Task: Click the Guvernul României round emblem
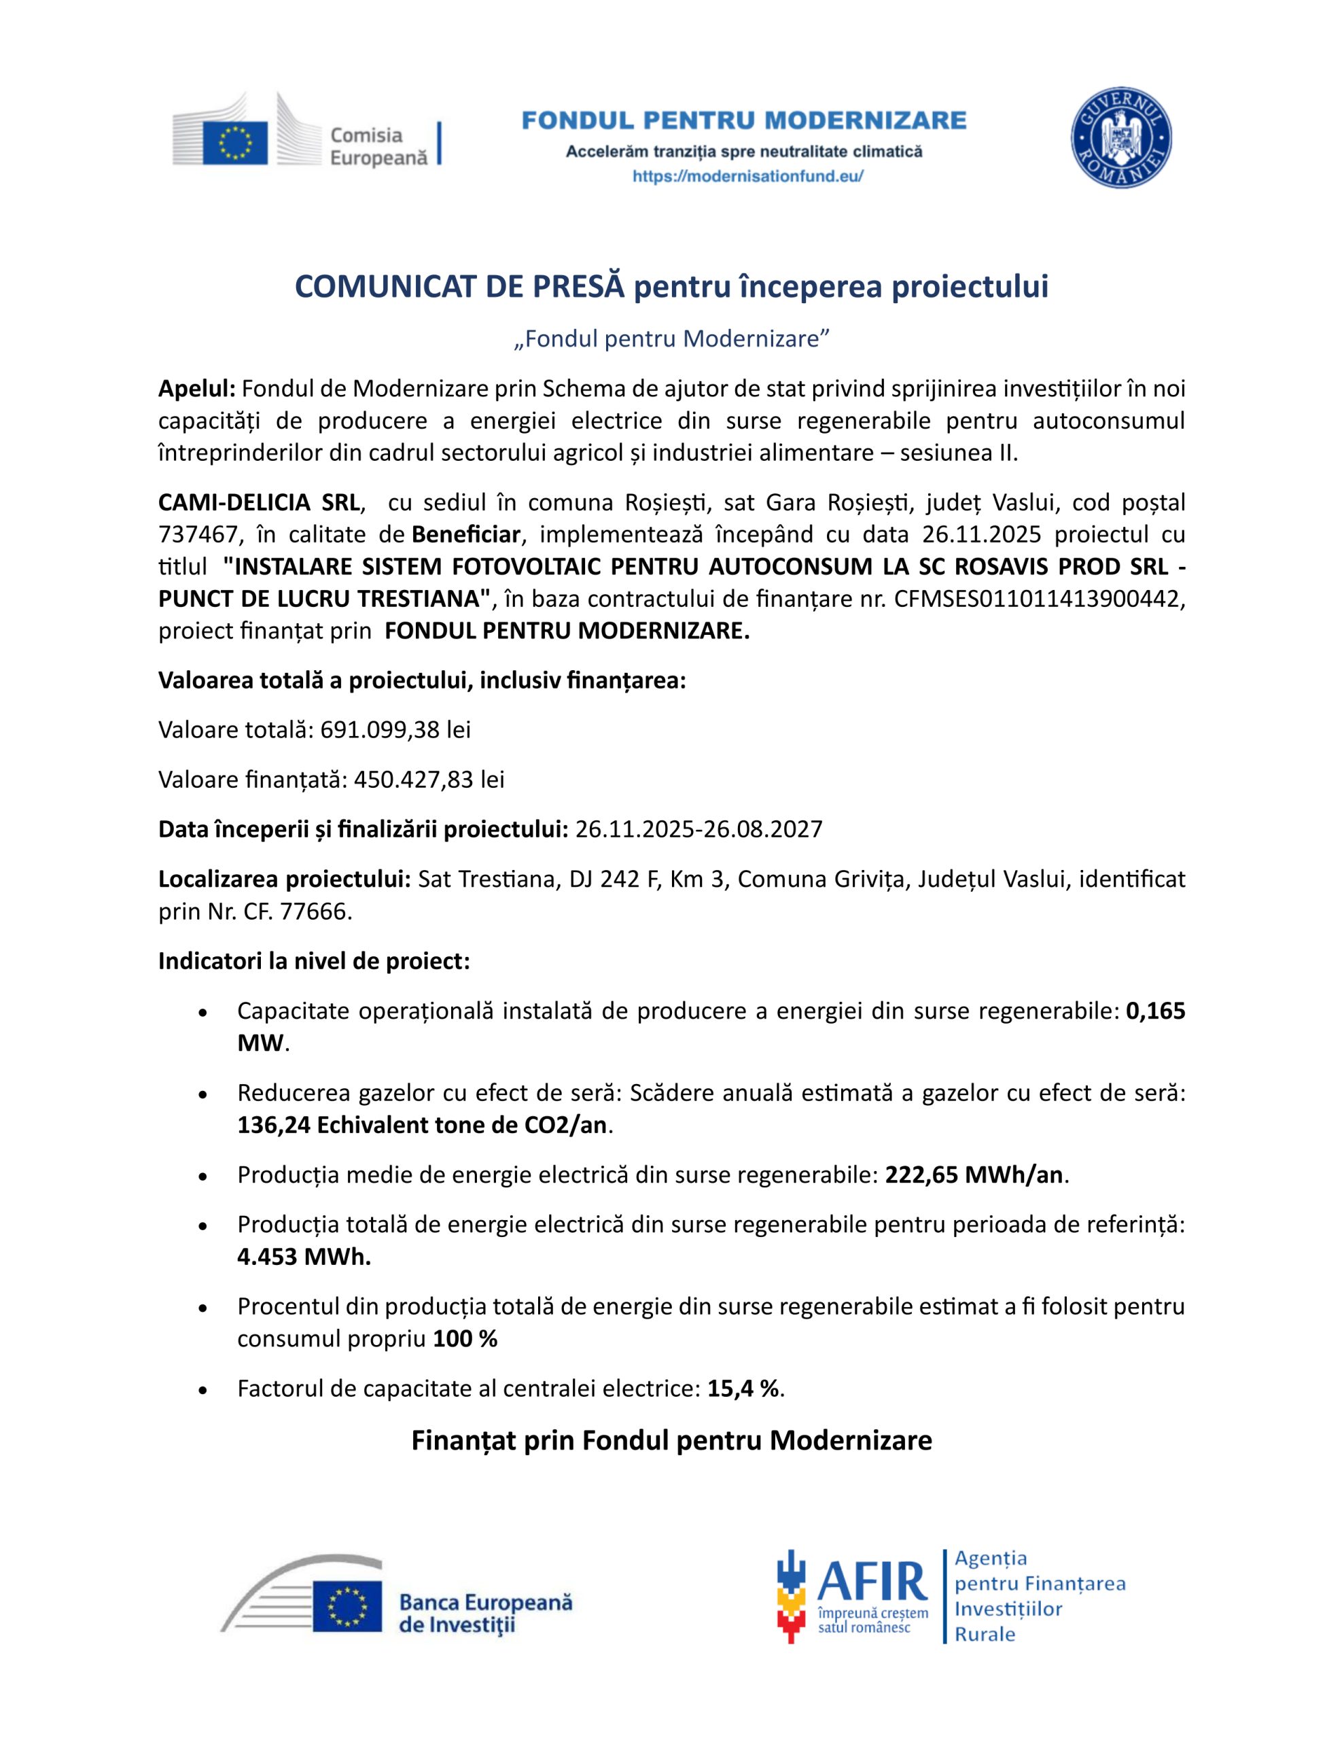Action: click(1120, 138)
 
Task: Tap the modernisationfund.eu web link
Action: click(747, 177)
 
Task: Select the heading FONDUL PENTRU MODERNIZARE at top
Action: click(744, 121)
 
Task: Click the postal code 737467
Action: click(198, 535)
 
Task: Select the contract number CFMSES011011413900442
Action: click(1036, 599)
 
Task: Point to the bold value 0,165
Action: click(1155, 1011)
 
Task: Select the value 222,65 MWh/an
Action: click(974, 1175)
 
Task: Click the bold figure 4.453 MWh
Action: click(304, 1257)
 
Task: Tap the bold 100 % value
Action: click(465, 1339)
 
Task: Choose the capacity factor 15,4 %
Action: click(743, 1389)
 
